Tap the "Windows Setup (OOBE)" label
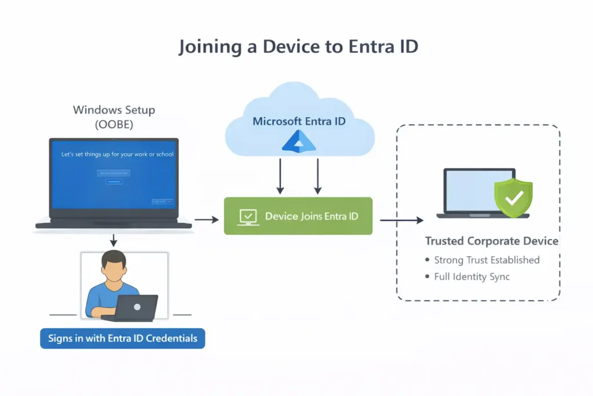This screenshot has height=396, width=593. point(114,116)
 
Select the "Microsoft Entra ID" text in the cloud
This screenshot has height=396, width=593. point(298,122)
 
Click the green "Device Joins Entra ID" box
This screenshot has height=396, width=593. point(298,216)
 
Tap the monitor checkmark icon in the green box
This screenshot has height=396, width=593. point(248,216)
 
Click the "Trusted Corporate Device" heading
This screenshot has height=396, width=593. point(492,241)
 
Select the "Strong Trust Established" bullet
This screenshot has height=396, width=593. point(486,260)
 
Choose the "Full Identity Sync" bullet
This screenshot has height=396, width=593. point(471,277)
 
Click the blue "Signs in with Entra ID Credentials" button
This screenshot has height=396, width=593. point(122,338)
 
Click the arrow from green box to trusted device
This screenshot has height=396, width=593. point(401,220)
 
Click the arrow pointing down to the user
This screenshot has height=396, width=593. point(114,239)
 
